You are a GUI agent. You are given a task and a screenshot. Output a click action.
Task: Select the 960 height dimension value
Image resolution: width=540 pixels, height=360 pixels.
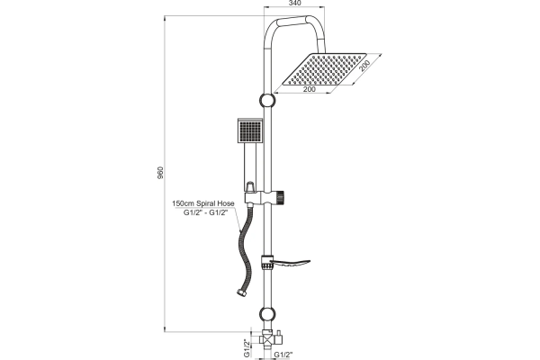[x=160, y=173]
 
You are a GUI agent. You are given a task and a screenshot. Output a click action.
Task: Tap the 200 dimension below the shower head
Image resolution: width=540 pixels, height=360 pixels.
[x=309, y=90]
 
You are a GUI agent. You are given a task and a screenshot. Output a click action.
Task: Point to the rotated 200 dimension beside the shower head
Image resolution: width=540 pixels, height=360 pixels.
[x=364, y=66]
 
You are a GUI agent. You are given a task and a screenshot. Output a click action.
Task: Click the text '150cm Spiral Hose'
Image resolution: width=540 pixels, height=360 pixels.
[x=203, y=203]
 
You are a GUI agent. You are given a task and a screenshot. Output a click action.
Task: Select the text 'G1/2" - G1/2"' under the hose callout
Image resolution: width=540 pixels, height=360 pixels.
[x=205, y=212]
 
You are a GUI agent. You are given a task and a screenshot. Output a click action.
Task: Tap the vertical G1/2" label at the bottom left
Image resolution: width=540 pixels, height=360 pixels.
[x=247, y=348]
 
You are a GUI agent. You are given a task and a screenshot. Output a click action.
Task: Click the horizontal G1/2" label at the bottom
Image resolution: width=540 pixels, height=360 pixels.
[x=283, y=355]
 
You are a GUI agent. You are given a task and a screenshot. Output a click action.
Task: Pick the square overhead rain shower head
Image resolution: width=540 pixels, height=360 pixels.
[x=324, y=69]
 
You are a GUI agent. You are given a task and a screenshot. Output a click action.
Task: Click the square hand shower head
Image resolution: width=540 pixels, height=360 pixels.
[x=250, y=130]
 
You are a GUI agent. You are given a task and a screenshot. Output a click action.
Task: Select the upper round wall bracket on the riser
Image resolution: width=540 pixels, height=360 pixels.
[x=267, y=100]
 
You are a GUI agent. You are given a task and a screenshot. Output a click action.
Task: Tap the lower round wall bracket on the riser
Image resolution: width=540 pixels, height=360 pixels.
[x=267, y=314]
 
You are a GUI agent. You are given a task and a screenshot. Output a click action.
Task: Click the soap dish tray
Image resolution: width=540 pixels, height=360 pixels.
[x=290, y=263]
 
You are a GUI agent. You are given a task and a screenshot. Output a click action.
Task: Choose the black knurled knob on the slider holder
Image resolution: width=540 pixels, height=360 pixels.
[x=280, y=197]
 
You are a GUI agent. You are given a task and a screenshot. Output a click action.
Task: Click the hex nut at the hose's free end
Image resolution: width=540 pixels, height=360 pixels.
[x=240, y=292]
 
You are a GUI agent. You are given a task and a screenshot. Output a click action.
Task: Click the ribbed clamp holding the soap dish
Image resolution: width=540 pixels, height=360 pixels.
[x=265, y=263]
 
